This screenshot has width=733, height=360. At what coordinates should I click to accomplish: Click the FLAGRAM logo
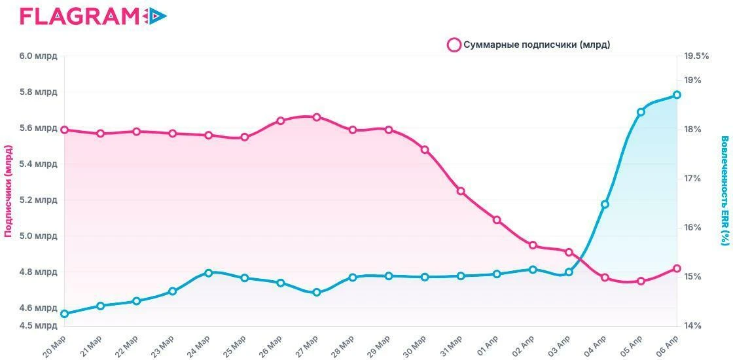[93, 16]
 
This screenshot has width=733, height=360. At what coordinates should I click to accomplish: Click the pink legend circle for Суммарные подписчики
[454, 45]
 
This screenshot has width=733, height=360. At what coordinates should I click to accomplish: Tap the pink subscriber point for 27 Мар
[317, 117]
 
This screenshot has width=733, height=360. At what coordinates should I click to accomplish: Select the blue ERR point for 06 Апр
[677, 95]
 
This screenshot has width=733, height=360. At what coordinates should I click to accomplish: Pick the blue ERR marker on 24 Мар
[209, 273]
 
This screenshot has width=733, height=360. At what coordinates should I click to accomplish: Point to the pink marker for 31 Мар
[461, 190]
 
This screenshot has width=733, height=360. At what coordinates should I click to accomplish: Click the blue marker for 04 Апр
[605, 204]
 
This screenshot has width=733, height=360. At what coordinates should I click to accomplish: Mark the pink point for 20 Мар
[65, 130]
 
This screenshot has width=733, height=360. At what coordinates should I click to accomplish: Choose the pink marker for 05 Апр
[641, 281]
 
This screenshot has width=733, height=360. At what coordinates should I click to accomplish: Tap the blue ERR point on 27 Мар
[317, 292]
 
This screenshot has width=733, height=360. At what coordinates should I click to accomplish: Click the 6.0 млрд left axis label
[39, 56]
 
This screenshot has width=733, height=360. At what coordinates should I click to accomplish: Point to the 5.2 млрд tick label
[39, 200]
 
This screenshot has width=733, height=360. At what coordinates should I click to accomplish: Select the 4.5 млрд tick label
[39, 325]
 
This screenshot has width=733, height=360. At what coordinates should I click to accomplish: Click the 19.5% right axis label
[696, 56]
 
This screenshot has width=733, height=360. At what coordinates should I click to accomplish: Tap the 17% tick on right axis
[693, 178]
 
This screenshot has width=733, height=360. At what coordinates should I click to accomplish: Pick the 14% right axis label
[693, 325]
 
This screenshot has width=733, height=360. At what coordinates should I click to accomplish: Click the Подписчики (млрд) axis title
[9, 190]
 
